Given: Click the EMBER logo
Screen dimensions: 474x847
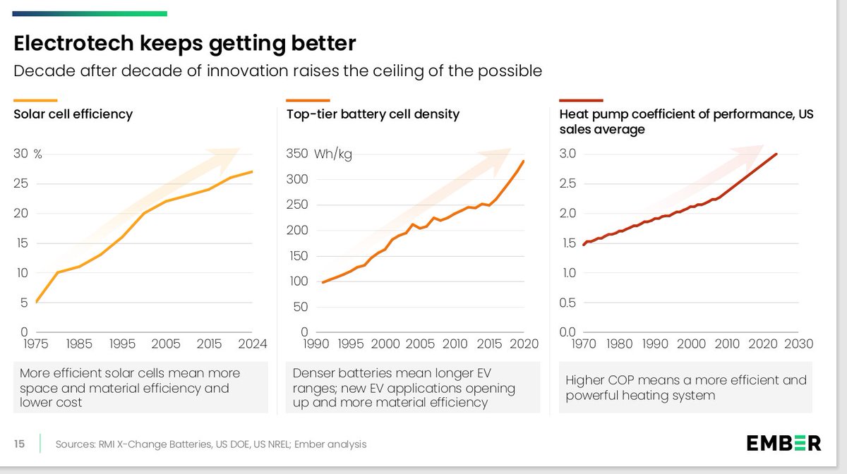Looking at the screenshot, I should point(783,443).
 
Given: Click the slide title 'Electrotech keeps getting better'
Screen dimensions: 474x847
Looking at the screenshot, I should point(185,44).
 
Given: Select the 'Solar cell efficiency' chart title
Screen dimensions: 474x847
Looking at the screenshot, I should point(73,114).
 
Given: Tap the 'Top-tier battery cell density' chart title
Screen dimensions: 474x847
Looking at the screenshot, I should point(373,114).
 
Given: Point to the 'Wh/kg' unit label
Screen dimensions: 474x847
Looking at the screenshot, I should point(334,154).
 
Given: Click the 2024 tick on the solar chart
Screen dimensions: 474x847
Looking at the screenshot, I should point(252,344).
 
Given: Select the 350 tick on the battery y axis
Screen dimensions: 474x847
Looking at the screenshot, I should point(297,154).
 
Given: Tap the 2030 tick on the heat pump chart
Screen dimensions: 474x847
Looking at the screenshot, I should point(798,344).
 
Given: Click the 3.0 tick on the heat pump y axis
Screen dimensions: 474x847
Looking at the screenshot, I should point(568,154).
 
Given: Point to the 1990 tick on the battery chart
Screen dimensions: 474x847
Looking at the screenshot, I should point(316,344).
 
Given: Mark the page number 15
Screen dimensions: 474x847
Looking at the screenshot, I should point(20,444).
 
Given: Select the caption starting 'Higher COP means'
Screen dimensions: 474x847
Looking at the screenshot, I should point(685,387).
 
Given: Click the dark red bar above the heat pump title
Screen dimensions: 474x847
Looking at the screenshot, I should point(581,100).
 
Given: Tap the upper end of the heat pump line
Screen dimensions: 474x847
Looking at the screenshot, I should point(777,154).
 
